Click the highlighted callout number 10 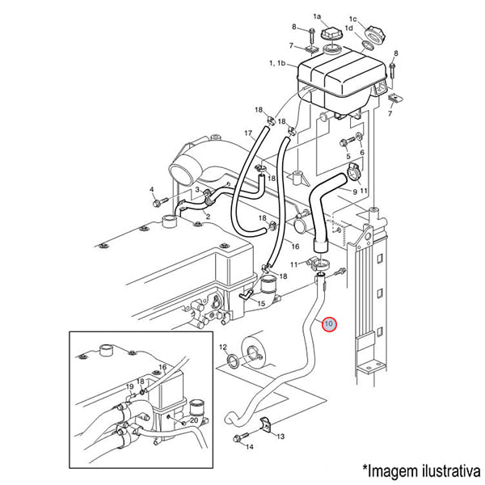pyautogui.click(x=329, y=324)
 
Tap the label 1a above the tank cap pyautogui.click(x=317, y=16)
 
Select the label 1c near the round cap pyautogui.click(x=353, y=19)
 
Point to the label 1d pyautogui.click(x=349, y=28)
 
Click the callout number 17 pyautogui.click(x=248, y=133)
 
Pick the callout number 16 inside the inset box pyautogui.click(x=162, y=367)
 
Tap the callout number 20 pyautogui.click(x=194, y=420)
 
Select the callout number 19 pyautogui.click(x=129, y=386)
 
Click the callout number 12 pyautogui.click(x=223, y=347)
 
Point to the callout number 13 pyautogui.click(x=280, y=436)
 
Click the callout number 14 pyautogui.click(x=250, y=447)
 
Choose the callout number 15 pyautogui.click(x=261, y=303)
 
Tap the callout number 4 pyautogui.click(x=152, y=189)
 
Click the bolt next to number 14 pyautogui.click(x=241, y=437)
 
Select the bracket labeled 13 pyautogui.click(x=265, y=423)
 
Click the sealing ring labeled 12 pyautogui.click(x=233, y=361)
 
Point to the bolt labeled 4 pyautogui.click(x=159, y=202)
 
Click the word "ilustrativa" pyautogui.click(x=450, y=471)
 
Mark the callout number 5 pyautogui.click(x=348, y=156)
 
